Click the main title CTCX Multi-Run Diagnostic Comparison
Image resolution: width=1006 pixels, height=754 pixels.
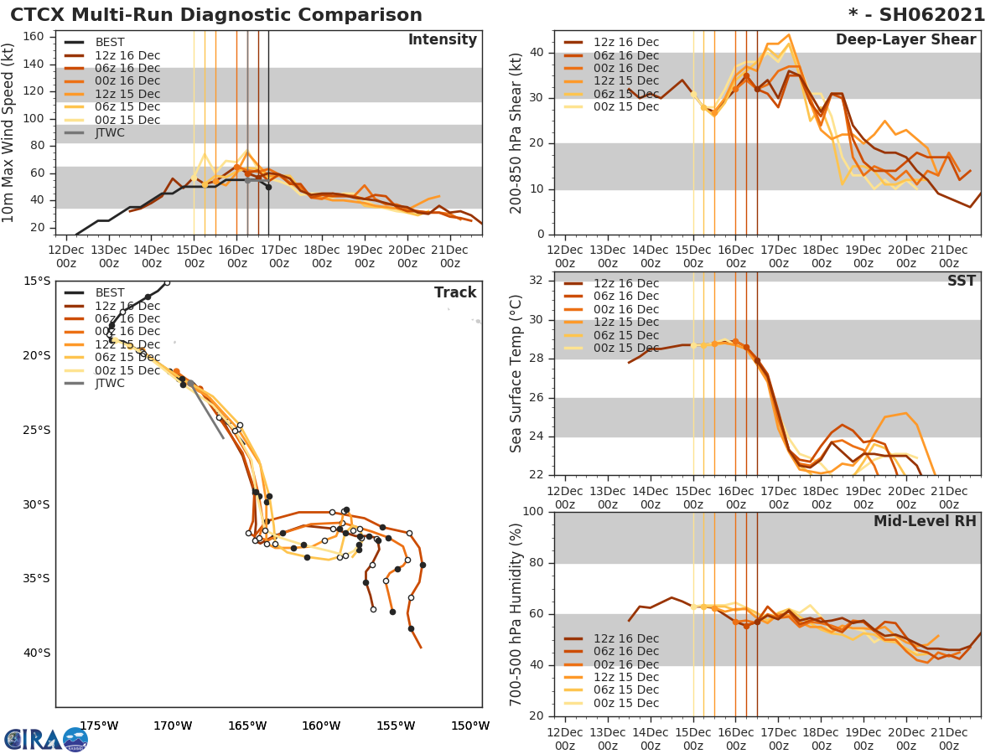(x=216, y=15)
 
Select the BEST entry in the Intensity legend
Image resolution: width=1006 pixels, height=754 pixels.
(x=109, y=42)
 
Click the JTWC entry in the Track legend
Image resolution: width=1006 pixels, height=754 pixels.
(x=110, y=384)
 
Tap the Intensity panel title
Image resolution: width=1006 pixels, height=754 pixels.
(x=442, y=40)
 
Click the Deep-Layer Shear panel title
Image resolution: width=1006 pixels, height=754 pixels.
(x=905, y=40)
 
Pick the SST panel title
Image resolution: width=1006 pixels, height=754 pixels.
(x=961, y=281)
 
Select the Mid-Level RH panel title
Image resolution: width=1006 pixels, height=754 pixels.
(x=925, y=522)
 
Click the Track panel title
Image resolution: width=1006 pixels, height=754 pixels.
(x=455, y=292)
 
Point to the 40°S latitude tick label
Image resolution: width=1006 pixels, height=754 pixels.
(x=36, y=653)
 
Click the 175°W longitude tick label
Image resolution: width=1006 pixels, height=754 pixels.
(x=99, y=726)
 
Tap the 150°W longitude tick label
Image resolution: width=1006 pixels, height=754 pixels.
(x=470, y=726)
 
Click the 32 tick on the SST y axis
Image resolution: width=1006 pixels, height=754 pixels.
(x=537, y=281)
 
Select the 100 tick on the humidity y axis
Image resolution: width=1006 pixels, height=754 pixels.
(x=533, y=512)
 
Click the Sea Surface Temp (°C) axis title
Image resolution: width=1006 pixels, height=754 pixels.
(x=516, y=374)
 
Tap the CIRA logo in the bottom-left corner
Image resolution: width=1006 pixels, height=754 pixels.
(x=46, y=739)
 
